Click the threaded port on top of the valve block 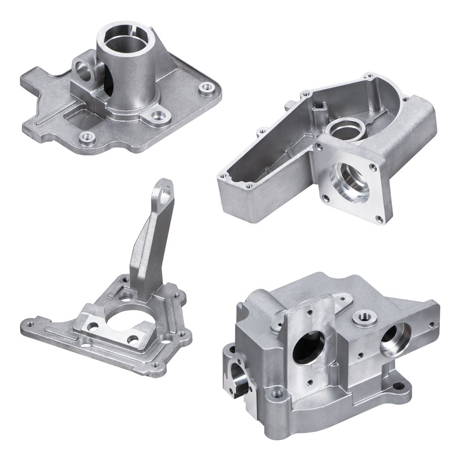(x=362, y=317)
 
